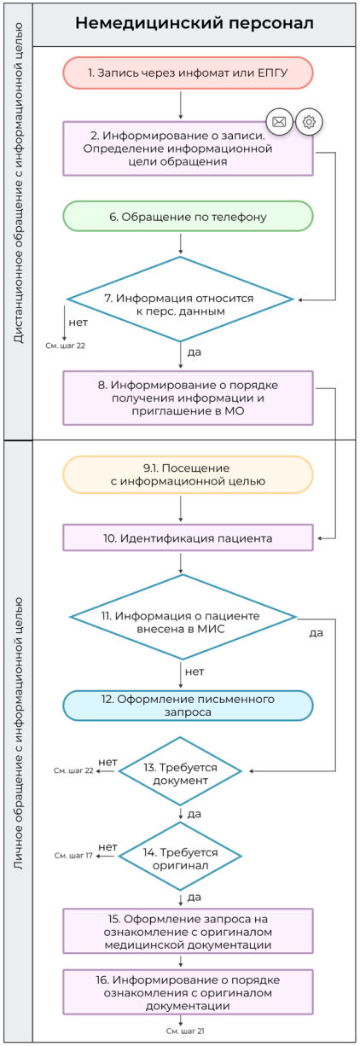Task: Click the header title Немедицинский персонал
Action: (x=194, y=23)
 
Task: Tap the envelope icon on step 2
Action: (x=279, y=122)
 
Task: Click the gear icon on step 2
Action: (x=309, y=122)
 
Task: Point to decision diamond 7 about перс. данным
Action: (x=181, y=299)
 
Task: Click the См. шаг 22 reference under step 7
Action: (x=66, y=346)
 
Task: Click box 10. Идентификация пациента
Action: (x=188, y=538)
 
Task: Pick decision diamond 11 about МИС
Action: (x=183, y=616)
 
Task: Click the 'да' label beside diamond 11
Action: (x=316, y=634)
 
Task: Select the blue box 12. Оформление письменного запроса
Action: (x=188, y=706)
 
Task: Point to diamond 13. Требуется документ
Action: (x=181, y=771)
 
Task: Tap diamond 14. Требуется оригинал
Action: (x=181, y=857)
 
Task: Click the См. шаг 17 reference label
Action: (x=73, y=854)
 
